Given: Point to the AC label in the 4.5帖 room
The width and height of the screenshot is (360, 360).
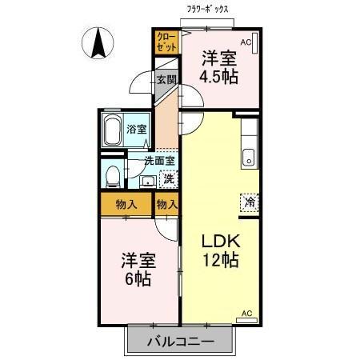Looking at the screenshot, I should coord(246,41).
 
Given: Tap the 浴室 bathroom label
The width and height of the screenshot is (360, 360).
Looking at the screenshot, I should coord(136,128).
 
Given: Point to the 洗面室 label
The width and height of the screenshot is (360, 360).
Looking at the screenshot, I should coord(160,160).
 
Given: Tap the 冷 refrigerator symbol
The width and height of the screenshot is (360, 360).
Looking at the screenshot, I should coord(250,202).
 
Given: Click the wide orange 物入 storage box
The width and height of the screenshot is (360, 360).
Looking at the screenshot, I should coord(126,204).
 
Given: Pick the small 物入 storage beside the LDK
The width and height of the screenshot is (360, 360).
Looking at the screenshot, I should coord(166,204).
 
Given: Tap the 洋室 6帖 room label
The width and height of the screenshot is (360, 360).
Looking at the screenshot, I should coord(137,270).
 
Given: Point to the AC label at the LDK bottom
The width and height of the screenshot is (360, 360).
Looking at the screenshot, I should coord(246,313).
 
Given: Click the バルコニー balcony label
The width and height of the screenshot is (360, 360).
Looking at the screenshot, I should coord(180,342).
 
